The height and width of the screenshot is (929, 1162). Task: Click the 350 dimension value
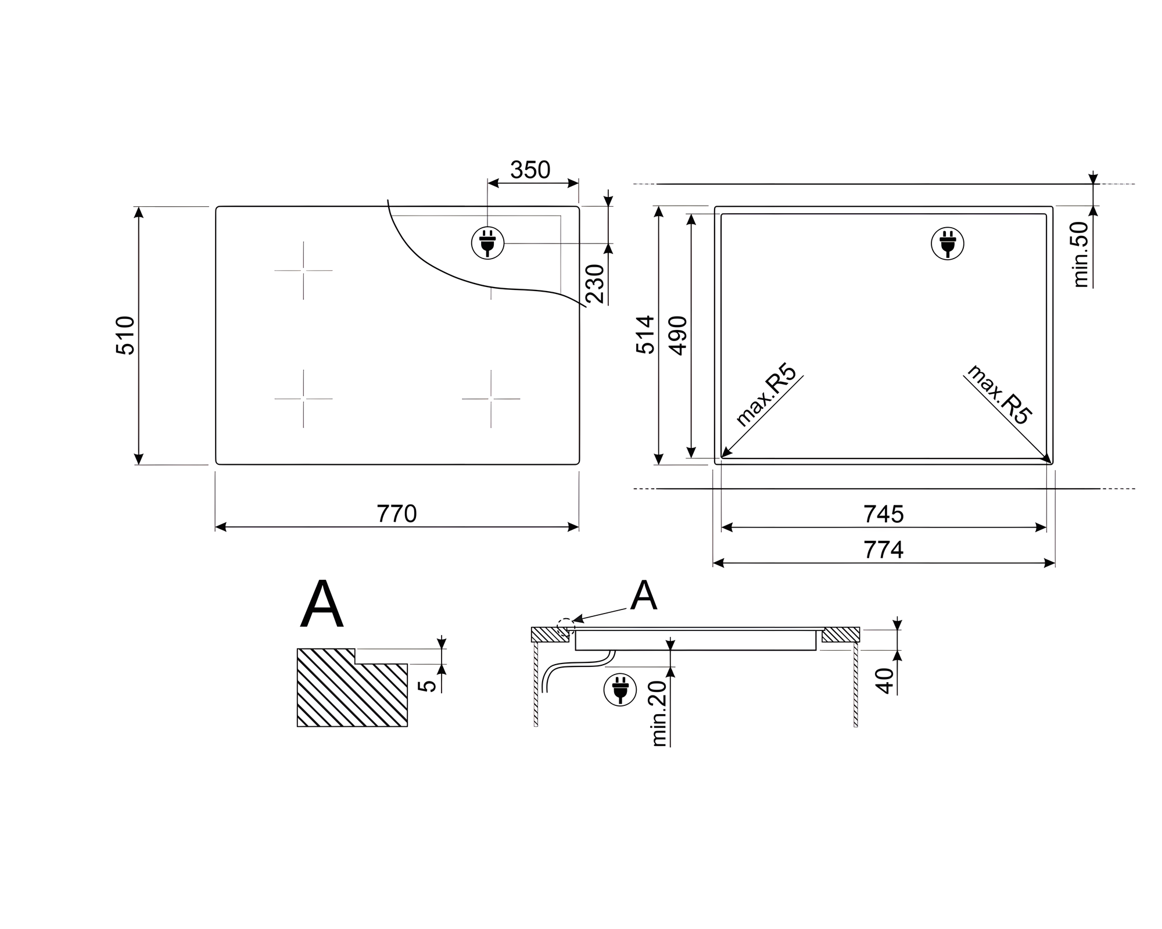tap(530, 170)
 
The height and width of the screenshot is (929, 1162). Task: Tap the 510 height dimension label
tap(126, 335)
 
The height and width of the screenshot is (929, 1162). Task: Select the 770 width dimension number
tap(397, 514)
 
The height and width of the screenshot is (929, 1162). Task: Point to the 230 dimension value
tap(595, 284)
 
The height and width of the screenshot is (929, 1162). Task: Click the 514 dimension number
tap(645, 335)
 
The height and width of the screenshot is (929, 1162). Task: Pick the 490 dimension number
tap(678, 335)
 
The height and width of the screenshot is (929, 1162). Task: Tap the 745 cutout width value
tap(883, 514)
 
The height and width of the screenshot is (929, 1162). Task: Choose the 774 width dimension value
tap(883, 550)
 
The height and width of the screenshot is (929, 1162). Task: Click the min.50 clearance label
tap(1081, 254)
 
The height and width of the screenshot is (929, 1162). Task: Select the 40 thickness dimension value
tap(884, 680)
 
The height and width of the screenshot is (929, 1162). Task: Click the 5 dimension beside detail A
tap(428, 686)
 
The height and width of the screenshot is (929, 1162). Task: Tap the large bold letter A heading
tap(322, 605)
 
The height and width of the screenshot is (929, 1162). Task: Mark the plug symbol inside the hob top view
tap(487, 243)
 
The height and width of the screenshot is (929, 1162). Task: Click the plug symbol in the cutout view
tap(948, 243)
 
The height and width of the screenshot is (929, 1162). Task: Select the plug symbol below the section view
tap(620, 690)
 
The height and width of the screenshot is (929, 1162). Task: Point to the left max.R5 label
tap(766, 395)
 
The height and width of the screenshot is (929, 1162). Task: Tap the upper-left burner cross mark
tap(303, 270)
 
